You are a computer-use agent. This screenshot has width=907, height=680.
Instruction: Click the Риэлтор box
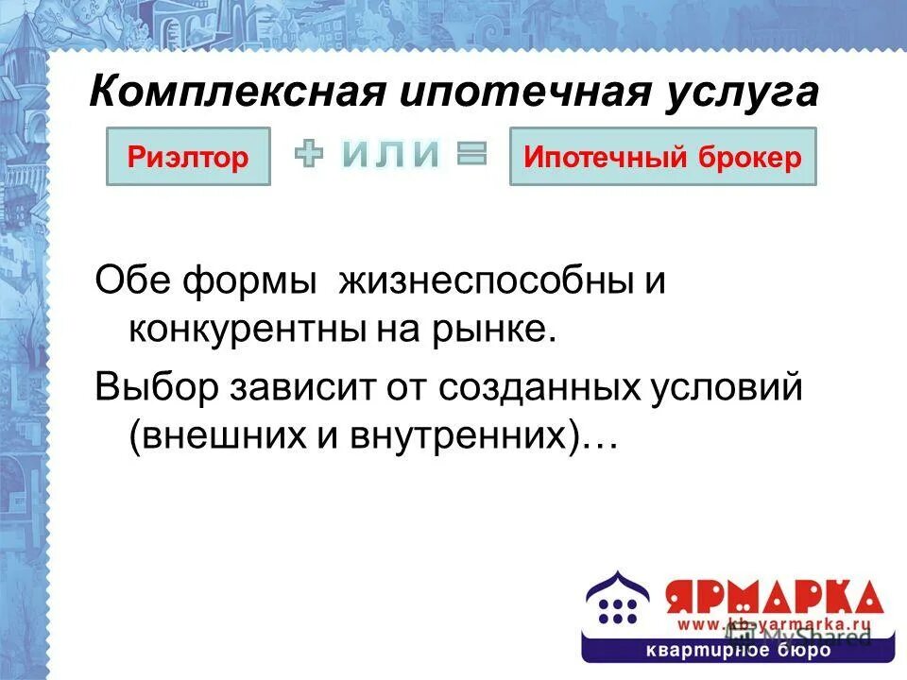point(188,157)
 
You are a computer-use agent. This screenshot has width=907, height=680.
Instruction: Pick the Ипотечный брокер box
point(662,157)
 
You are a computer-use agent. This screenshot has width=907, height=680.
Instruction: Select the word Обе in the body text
point(132,283)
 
